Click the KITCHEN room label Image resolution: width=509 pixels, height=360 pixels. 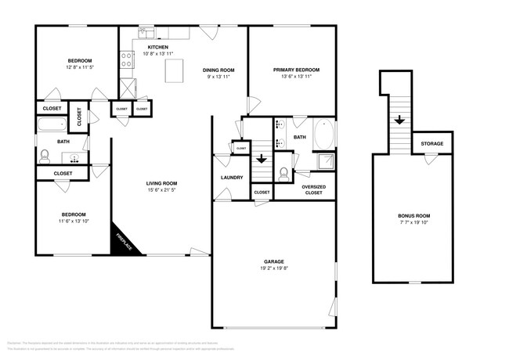coord(157,47)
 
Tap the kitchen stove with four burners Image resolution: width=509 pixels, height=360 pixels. coord(125,59)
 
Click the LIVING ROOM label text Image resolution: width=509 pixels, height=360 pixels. coord(160,185)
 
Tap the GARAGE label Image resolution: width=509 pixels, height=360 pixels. coord(273,261)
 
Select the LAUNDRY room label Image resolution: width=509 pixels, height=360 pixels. coord(232,178)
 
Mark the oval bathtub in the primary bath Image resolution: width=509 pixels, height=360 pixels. coord(324,135)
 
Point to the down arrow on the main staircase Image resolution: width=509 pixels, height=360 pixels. coord(262,157)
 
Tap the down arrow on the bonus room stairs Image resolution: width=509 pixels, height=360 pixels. coord(399,120)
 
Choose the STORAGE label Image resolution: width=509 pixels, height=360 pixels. coord(432,144)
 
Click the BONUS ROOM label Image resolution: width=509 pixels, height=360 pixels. coord(414,215)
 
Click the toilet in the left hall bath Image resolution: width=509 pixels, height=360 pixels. coord(45,155)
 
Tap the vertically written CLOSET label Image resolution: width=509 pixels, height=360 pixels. coord(80,117)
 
